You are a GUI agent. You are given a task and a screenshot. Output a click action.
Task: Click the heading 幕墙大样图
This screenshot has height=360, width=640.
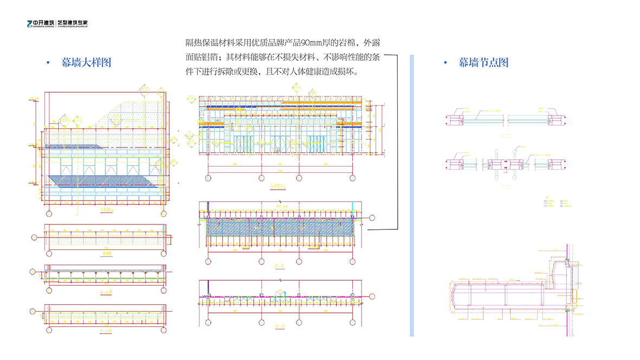[x=86, y=63]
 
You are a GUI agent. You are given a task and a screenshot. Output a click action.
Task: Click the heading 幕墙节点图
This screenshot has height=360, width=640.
[x=483, y=63]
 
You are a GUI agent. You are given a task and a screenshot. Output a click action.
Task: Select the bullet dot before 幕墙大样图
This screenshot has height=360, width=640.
[x=49, y=63]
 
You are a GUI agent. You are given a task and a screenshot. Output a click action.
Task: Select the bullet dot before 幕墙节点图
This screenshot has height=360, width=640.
[x=445, y=63]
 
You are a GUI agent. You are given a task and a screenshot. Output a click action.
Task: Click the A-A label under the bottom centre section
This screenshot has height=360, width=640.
[x=280, y=325]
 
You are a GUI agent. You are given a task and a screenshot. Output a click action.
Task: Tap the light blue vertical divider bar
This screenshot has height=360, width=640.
[x=412, y=195]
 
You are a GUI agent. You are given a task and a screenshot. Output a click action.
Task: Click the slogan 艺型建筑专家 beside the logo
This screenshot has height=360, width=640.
[x=73, y=24]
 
